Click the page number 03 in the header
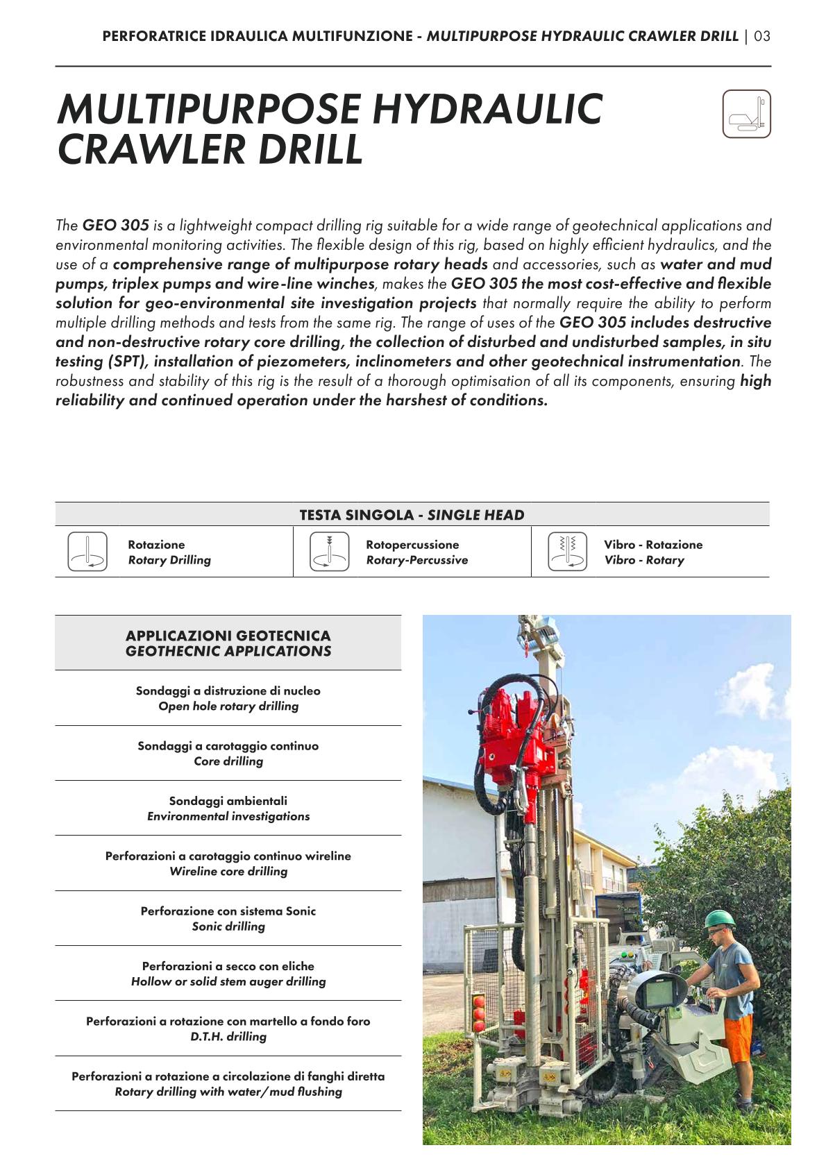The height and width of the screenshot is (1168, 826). point(762,36)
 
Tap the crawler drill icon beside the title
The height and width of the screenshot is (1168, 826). point(746,114)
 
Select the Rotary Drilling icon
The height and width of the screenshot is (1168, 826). point(87,552)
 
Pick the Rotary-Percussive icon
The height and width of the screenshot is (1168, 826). point(329,552)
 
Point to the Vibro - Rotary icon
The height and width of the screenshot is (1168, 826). point(567,552)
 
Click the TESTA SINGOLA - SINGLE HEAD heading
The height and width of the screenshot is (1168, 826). point(412,515)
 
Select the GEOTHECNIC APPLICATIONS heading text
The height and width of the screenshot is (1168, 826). point(228,652)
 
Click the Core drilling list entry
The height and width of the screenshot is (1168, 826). point(228,761)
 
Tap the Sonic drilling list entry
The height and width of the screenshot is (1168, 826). point(228,926)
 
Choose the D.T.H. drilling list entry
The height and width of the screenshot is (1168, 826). point(228,1037)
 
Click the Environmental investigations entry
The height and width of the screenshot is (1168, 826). point(228,816)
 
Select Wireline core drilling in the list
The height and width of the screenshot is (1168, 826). point(228,872)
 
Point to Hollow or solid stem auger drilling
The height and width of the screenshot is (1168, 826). point(228,981)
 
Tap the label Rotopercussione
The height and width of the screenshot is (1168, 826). point(412,545)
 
